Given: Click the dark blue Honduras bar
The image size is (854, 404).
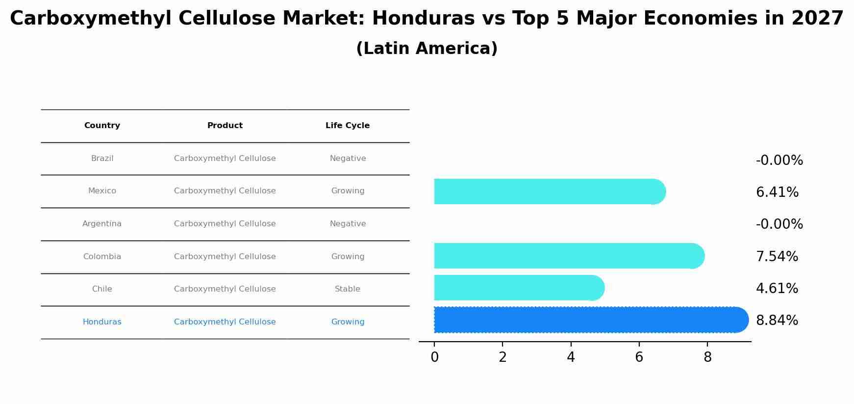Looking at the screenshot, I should (x=588, y=320).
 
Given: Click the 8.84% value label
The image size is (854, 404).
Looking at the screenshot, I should (x=777, y=321).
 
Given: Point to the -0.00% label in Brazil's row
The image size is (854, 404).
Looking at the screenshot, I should (x=779, y=161).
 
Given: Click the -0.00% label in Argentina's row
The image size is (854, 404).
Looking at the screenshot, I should (x=779, y=224).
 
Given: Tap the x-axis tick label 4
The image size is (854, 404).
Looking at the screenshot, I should (x=571, y=357).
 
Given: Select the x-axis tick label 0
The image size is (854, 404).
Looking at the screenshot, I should (x=434, y=357).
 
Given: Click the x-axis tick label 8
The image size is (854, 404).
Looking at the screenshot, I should (x=707, y=357).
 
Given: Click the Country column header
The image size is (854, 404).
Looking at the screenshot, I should (x=102, y=126).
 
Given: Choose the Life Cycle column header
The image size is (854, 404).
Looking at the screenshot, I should (x=348, y=126).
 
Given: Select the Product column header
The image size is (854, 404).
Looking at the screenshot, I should (x=225, y=126).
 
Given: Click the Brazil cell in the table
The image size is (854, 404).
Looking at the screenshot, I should (x=102, y=159).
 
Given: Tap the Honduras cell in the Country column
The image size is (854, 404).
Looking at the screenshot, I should (x=102, y=322).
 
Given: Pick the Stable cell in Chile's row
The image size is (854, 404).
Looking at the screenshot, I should (x=348, y=289).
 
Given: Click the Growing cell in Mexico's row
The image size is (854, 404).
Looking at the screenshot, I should (x=348, y=191).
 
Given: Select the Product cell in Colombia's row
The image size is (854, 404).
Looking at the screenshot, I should (x=225, y=257).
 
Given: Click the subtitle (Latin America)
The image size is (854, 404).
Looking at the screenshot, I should (x=427, y=49).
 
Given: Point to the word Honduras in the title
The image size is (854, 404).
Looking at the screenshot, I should (x=423, y=19).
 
